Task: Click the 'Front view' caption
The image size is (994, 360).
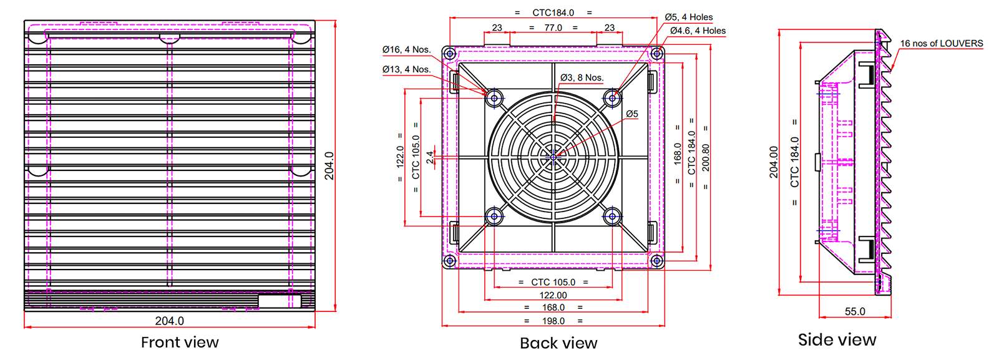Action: (180, 343)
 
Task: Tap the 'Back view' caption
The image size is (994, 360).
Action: (558, 343)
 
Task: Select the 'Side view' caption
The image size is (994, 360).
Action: (837, 340)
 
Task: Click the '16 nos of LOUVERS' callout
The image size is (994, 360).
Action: (942, 44)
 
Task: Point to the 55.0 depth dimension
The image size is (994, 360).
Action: (855, 311)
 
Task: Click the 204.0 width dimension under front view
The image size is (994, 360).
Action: (169, 321)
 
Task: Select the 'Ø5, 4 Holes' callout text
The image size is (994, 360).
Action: (689, 17)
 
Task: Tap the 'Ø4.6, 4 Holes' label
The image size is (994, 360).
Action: (698, 31)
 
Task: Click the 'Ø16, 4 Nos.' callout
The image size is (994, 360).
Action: (406, 50)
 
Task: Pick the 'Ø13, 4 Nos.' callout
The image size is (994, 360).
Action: (406, 69)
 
